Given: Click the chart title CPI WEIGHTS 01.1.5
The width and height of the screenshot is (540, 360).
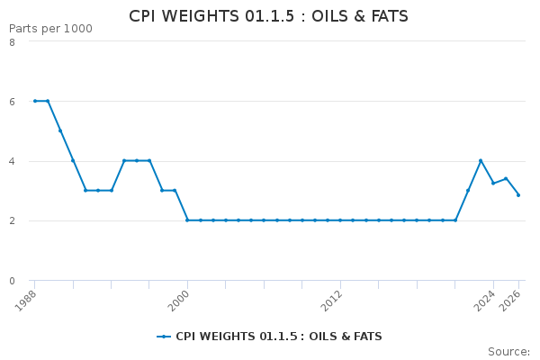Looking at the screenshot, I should coord(268,16).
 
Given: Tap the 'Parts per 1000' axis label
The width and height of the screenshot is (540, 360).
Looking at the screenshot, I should coord(50,29).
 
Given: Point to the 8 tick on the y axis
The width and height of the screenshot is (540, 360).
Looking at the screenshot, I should coord(12,42).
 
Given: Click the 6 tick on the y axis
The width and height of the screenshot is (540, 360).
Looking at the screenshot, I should coord(12,102).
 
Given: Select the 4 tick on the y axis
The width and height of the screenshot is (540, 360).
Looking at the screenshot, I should coord(12,161).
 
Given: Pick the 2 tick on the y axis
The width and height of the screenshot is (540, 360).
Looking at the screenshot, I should coord(12,220).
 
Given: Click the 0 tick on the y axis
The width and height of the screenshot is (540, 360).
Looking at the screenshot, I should coord(12,281).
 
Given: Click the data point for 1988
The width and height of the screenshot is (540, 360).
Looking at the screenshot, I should coord(35,101).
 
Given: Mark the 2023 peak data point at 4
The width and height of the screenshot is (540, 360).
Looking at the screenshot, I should coord(481,160).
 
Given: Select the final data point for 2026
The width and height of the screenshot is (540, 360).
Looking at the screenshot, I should coord(518,195).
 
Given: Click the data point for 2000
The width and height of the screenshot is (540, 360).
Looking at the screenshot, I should coord(187,220).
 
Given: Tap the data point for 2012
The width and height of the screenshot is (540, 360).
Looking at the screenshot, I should coord(340,220).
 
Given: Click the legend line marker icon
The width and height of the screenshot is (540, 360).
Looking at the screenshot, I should coord(164,337).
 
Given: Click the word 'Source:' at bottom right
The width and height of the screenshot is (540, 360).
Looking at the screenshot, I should coord(508,352).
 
